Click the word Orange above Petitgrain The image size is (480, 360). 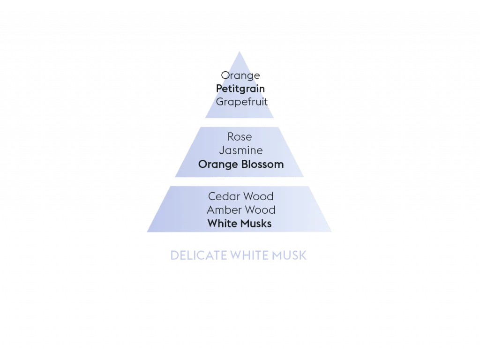click(240, 75)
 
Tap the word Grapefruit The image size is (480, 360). click(241, 102)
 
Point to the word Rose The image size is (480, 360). click(240, 137)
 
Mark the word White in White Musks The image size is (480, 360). click(222, 224)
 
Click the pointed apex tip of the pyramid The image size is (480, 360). click(240, 51)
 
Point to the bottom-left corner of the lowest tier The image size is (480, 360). click(147, 232)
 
